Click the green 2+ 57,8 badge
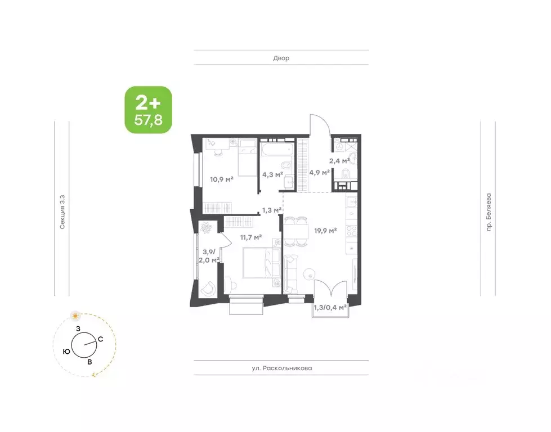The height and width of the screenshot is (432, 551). [x=148, y=110]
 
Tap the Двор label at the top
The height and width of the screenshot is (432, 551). [x=281, y=58]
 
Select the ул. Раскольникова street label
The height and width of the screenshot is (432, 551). [x=282, y=368]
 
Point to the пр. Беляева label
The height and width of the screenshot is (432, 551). [x=489, y=212]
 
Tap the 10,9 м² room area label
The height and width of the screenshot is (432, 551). [x=222, y=179]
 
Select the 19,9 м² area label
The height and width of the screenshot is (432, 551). [x=325, y=231]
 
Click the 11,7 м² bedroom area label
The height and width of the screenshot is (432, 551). [x=251, y=237]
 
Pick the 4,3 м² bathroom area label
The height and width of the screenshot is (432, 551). [x=273, y=174]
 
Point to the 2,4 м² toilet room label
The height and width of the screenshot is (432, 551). [x=339, y=161]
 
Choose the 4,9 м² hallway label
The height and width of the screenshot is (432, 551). [x=320, y=173]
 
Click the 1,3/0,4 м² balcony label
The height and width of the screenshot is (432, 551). [x=330, y=308]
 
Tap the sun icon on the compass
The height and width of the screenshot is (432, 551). [x=75, y=316]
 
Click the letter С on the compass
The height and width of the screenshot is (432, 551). [x=100, y=339]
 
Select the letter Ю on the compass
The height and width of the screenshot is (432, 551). [x=66, y=352]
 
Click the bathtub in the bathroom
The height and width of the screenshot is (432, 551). [x=276, y=150]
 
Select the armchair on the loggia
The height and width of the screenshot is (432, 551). [x=209, y=289]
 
